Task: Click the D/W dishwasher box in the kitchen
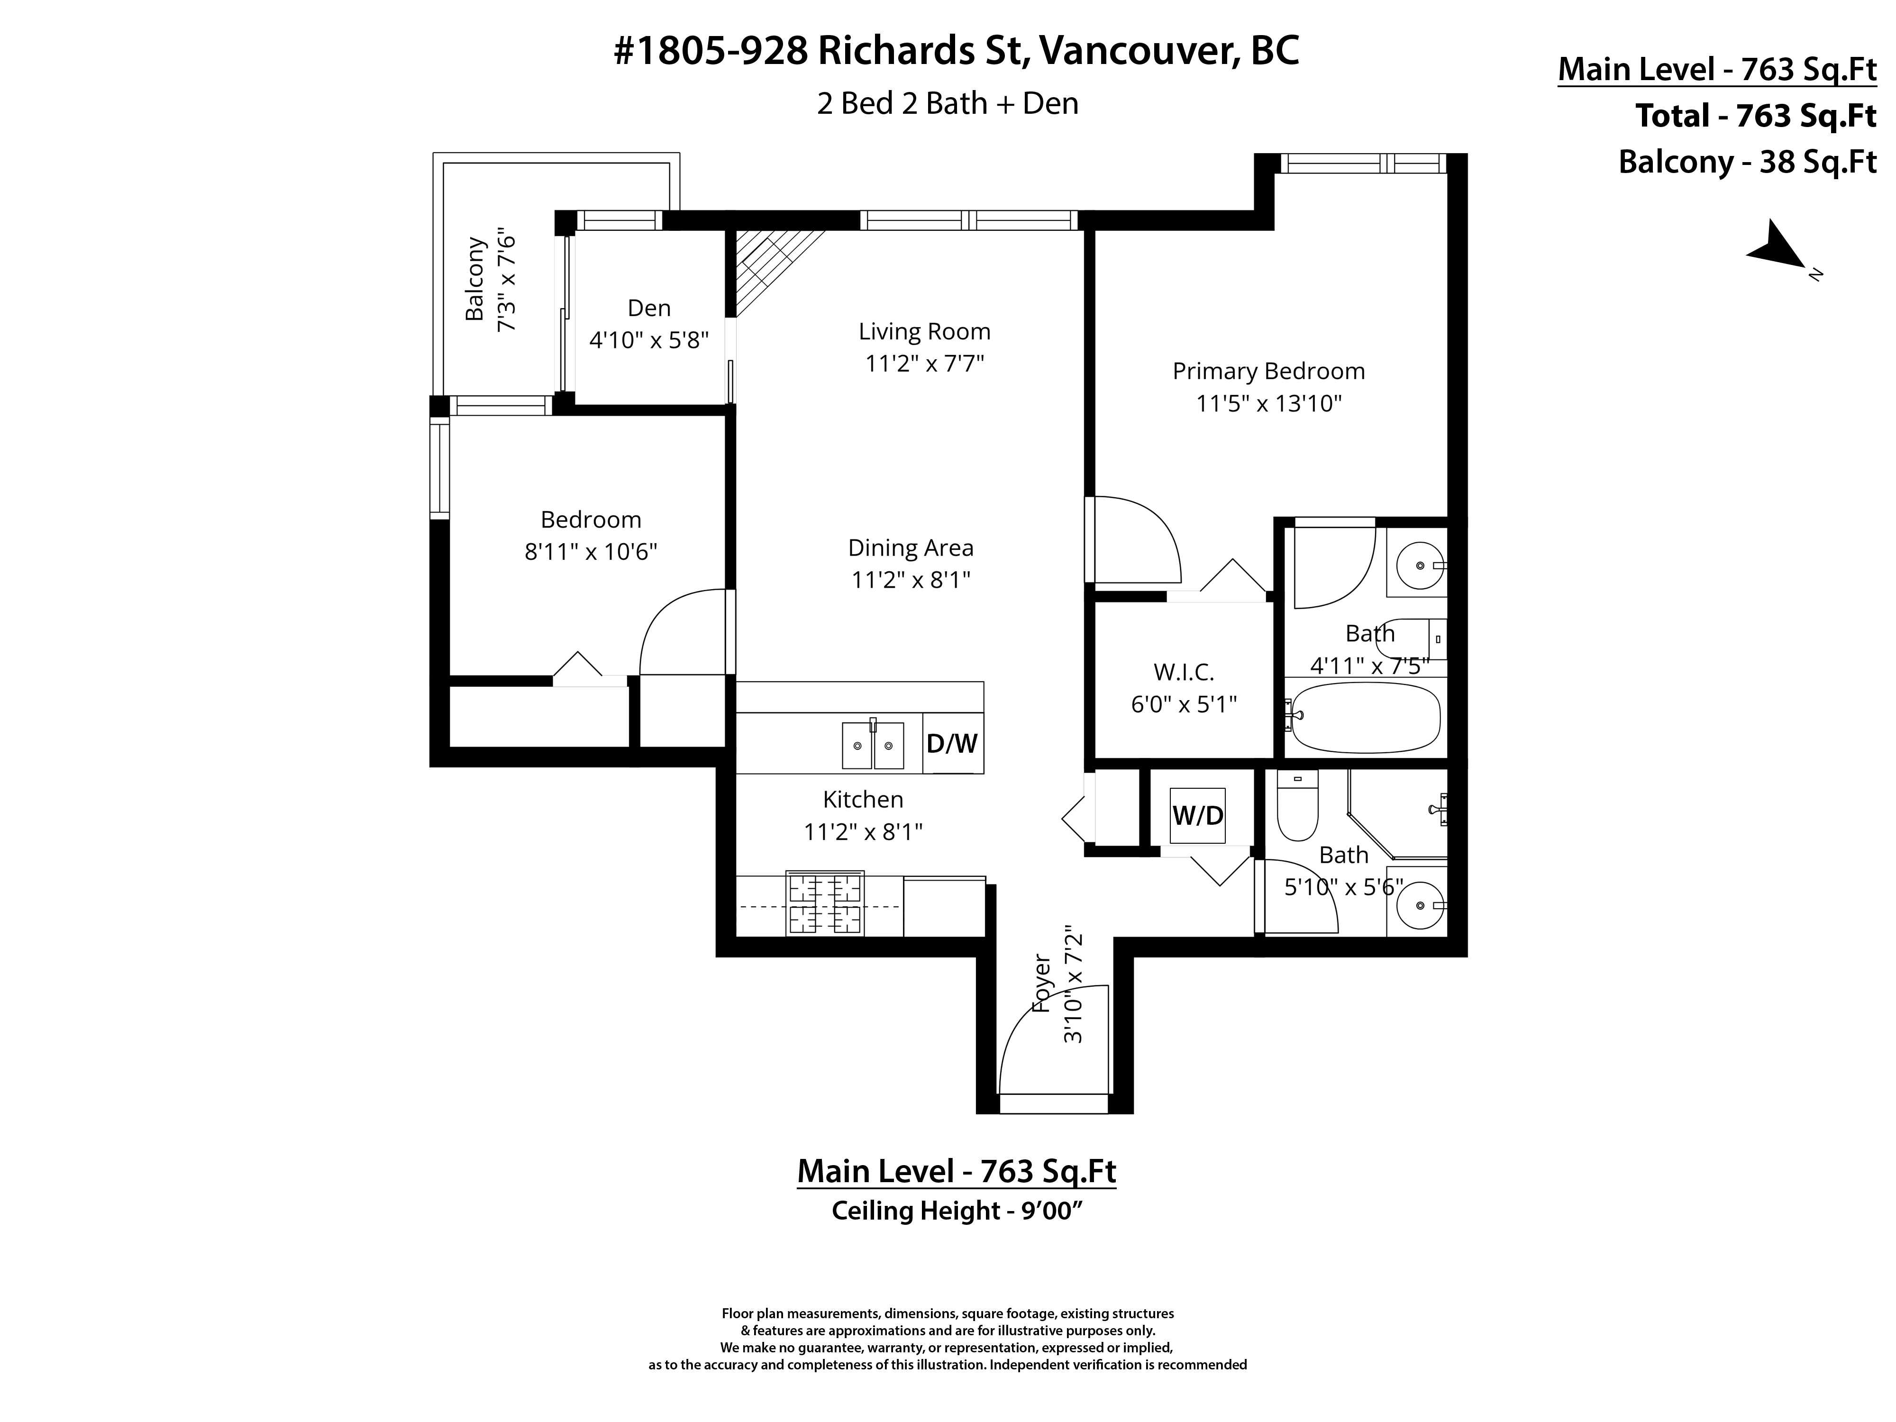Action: click(952, 743)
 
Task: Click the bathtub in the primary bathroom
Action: click(1365, 716)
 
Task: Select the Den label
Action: click(649, 308)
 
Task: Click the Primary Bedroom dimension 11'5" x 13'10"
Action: click(1268, 404)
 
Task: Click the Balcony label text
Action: click(475, 280)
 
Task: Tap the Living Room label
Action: click(924, 332)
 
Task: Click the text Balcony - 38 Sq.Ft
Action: click(1747, 162)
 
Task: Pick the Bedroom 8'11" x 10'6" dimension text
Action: click(591, 551)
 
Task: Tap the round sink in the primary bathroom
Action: click(1420, 565)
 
